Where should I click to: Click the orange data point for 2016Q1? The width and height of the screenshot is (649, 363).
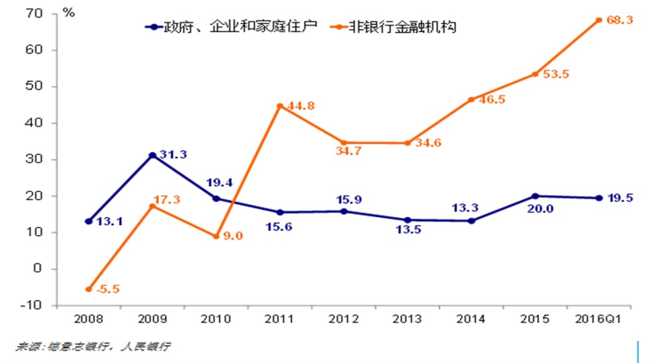pos(599,20)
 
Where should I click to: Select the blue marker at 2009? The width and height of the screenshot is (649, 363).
pos(152,155)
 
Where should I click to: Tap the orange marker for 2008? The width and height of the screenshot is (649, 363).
pos(88,289)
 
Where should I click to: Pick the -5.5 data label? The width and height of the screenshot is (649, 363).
pos(107,289)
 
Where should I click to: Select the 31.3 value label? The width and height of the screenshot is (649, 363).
pos(172,155)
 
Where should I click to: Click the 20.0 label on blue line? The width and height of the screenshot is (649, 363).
pos(540,209)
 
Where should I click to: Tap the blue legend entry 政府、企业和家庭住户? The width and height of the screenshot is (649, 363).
pos(233,27)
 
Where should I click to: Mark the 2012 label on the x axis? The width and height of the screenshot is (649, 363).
pos(344,319)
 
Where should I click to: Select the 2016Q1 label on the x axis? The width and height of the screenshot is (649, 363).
pos(598,319)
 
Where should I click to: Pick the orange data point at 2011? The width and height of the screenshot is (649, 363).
pos(280,106)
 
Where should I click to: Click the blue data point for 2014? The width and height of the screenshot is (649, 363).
pos(472,221)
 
